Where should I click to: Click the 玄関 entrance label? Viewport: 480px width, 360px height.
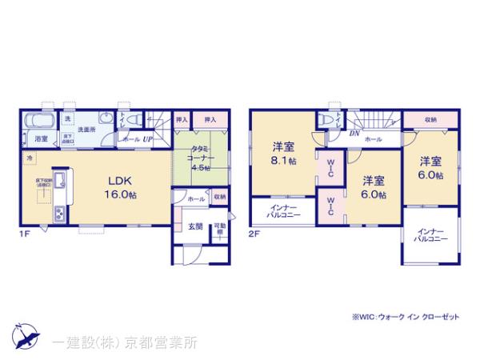pyautogui.click(x=194, y=227)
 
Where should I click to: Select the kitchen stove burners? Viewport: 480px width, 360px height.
pyautogui.click(x=59, y=213)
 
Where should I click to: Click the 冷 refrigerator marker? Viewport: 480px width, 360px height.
pyautogui.click(x=30, y=158)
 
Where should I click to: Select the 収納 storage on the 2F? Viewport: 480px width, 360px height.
pyautogui.click(x=430, y=120)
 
